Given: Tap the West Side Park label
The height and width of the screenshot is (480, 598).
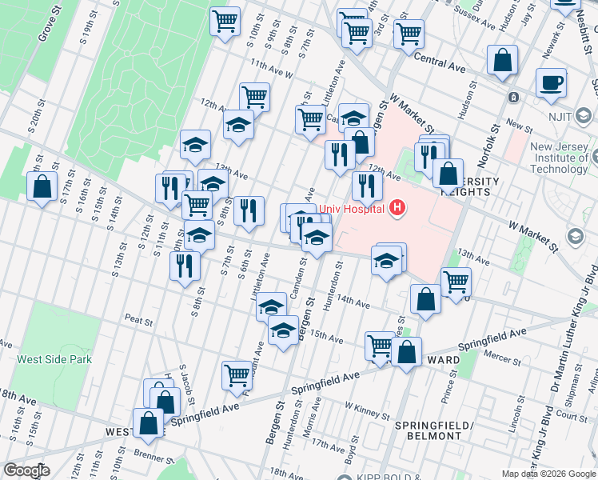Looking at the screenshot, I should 54,359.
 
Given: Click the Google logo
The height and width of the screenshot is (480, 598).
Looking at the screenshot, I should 26,470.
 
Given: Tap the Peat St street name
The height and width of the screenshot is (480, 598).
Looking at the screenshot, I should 138,319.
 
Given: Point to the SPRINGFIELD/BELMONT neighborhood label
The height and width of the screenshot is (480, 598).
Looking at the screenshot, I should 429,430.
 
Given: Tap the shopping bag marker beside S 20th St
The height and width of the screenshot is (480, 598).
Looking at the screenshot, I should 42,187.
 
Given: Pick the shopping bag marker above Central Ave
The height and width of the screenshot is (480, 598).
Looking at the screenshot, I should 502,60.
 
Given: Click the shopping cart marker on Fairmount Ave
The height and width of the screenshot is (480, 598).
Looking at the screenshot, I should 237,374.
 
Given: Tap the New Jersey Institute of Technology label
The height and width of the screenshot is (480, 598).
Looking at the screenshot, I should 559,158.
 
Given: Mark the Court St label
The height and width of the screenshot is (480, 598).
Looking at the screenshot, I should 572,416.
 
